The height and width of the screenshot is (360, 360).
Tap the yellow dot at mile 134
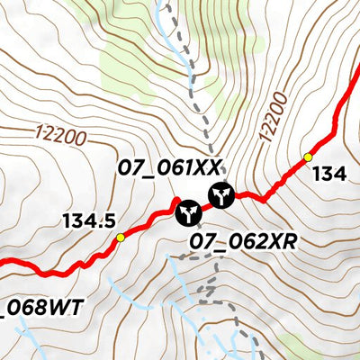[308, 157]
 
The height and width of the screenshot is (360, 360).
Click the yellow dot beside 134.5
[121, 238]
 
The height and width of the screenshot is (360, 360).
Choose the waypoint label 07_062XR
[243, 242]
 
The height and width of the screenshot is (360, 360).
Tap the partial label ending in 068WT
[40, 309]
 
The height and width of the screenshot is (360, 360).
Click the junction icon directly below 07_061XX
[220, 194]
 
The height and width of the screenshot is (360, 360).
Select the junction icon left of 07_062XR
[188, 212]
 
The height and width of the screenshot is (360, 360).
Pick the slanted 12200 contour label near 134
[274, 117]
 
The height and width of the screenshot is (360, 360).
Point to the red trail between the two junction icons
[205, 204]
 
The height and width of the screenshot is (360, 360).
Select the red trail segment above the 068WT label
[45, 271]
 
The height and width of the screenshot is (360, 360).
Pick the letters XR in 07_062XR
[281, 242]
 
